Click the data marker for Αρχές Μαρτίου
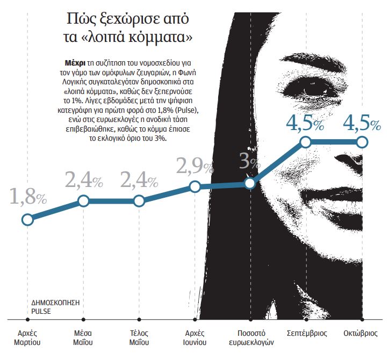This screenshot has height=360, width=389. (x=27, y=219)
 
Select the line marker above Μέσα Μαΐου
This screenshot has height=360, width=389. (x=83, y=201)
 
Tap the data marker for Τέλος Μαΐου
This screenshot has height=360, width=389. (x=139, y=201)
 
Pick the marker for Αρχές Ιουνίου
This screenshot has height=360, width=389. (x=195, y=187)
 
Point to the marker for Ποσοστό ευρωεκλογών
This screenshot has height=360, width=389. (x=250, y=183)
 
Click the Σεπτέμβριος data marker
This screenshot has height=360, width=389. (x=305, y=142)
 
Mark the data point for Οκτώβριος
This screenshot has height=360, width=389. (x=361, y=142)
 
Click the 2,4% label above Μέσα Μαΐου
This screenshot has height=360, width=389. (x=84, y=180)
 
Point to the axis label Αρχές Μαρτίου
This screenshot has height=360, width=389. (x=27, y=337)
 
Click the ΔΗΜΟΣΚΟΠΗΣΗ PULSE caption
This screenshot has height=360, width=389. (x=55, y=306)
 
